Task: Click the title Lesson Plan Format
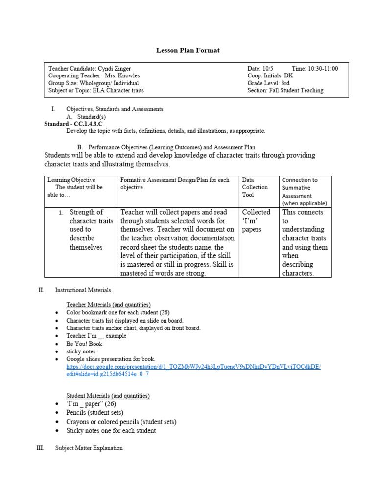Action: pos(188,50)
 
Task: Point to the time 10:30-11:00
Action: pos(322,69)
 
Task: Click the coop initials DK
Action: pos(288,76)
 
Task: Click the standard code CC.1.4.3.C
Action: pos(87,124)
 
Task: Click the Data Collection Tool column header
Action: pos(255,187)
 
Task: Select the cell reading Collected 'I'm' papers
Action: pos(256,221)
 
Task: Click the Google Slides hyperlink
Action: pos(193,370)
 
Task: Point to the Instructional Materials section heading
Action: pos(83,290)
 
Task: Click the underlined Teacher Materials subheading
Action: pos(108,305)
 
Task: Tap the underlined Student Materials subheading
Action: pos(108,396)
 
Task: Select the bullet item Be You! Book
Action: pos(84,344)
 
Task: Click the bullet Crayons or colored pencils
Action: pos(121,422)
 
